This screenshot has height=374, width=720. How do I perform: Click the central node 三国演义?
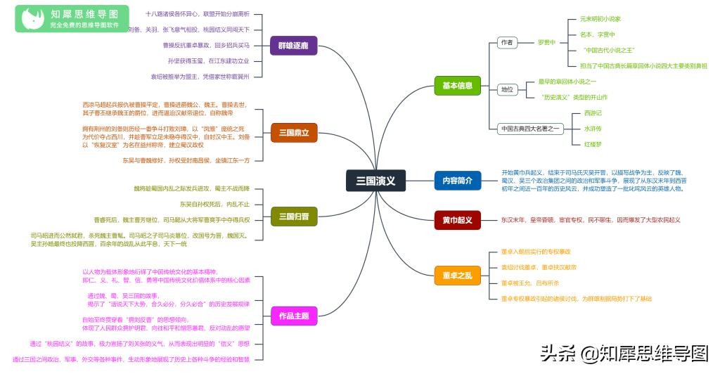pos(375,181)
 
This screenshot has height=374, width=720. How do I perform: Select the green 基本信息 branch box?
pos(457,86)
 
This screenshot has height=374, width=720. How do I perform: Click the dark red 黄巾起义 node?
pos(457,220)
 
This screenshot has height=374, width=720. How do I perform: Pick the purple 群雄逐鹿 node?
pos(293,46)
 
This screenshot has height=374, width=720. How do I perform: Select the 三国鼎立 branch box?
pos(293,132)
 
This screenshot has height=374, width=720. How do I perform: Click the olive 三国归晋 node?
pos(293,217)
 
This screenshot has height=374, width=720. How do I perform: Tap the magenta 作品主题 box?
pos(293,316)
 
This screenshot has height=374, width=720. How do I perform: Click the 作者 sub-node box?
pos(506,42)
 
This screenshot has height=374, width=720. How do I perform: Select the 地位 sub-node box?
pos(506,89)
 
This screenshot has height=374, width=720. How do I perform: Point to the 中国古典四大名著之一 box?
pos(530,129)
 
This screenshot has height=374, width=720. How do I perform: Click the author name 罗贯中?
pos(546,42)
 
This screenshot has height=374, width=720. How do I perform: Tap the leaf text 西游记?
pos(593,113)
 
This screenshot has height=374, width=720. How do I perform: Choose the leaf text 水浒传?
pos(593,129)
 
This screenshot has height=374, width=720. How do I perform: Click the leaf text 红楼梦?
pos(593,144)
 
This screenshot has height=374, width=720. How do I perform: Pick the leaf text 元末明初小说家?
pos(600,19)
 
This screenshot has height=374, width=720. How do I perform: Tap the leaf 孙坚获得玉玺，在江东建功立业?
pos(209,60)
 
